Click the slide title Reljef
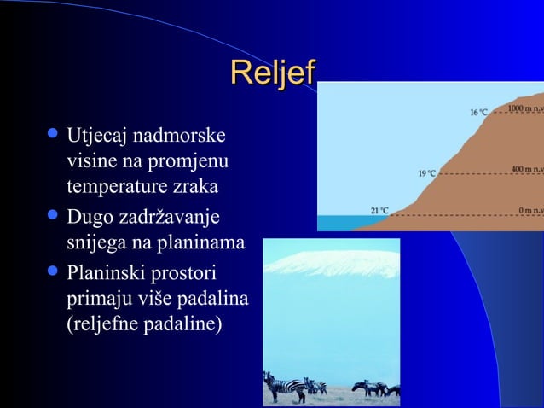(272, 73)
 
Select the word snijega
(94, 243)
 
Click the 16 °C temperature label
(478, 113)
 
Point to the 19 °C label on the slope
(426, 173)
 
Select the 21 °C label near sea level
(379, 211)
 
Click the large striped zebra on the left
(285, 386)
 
